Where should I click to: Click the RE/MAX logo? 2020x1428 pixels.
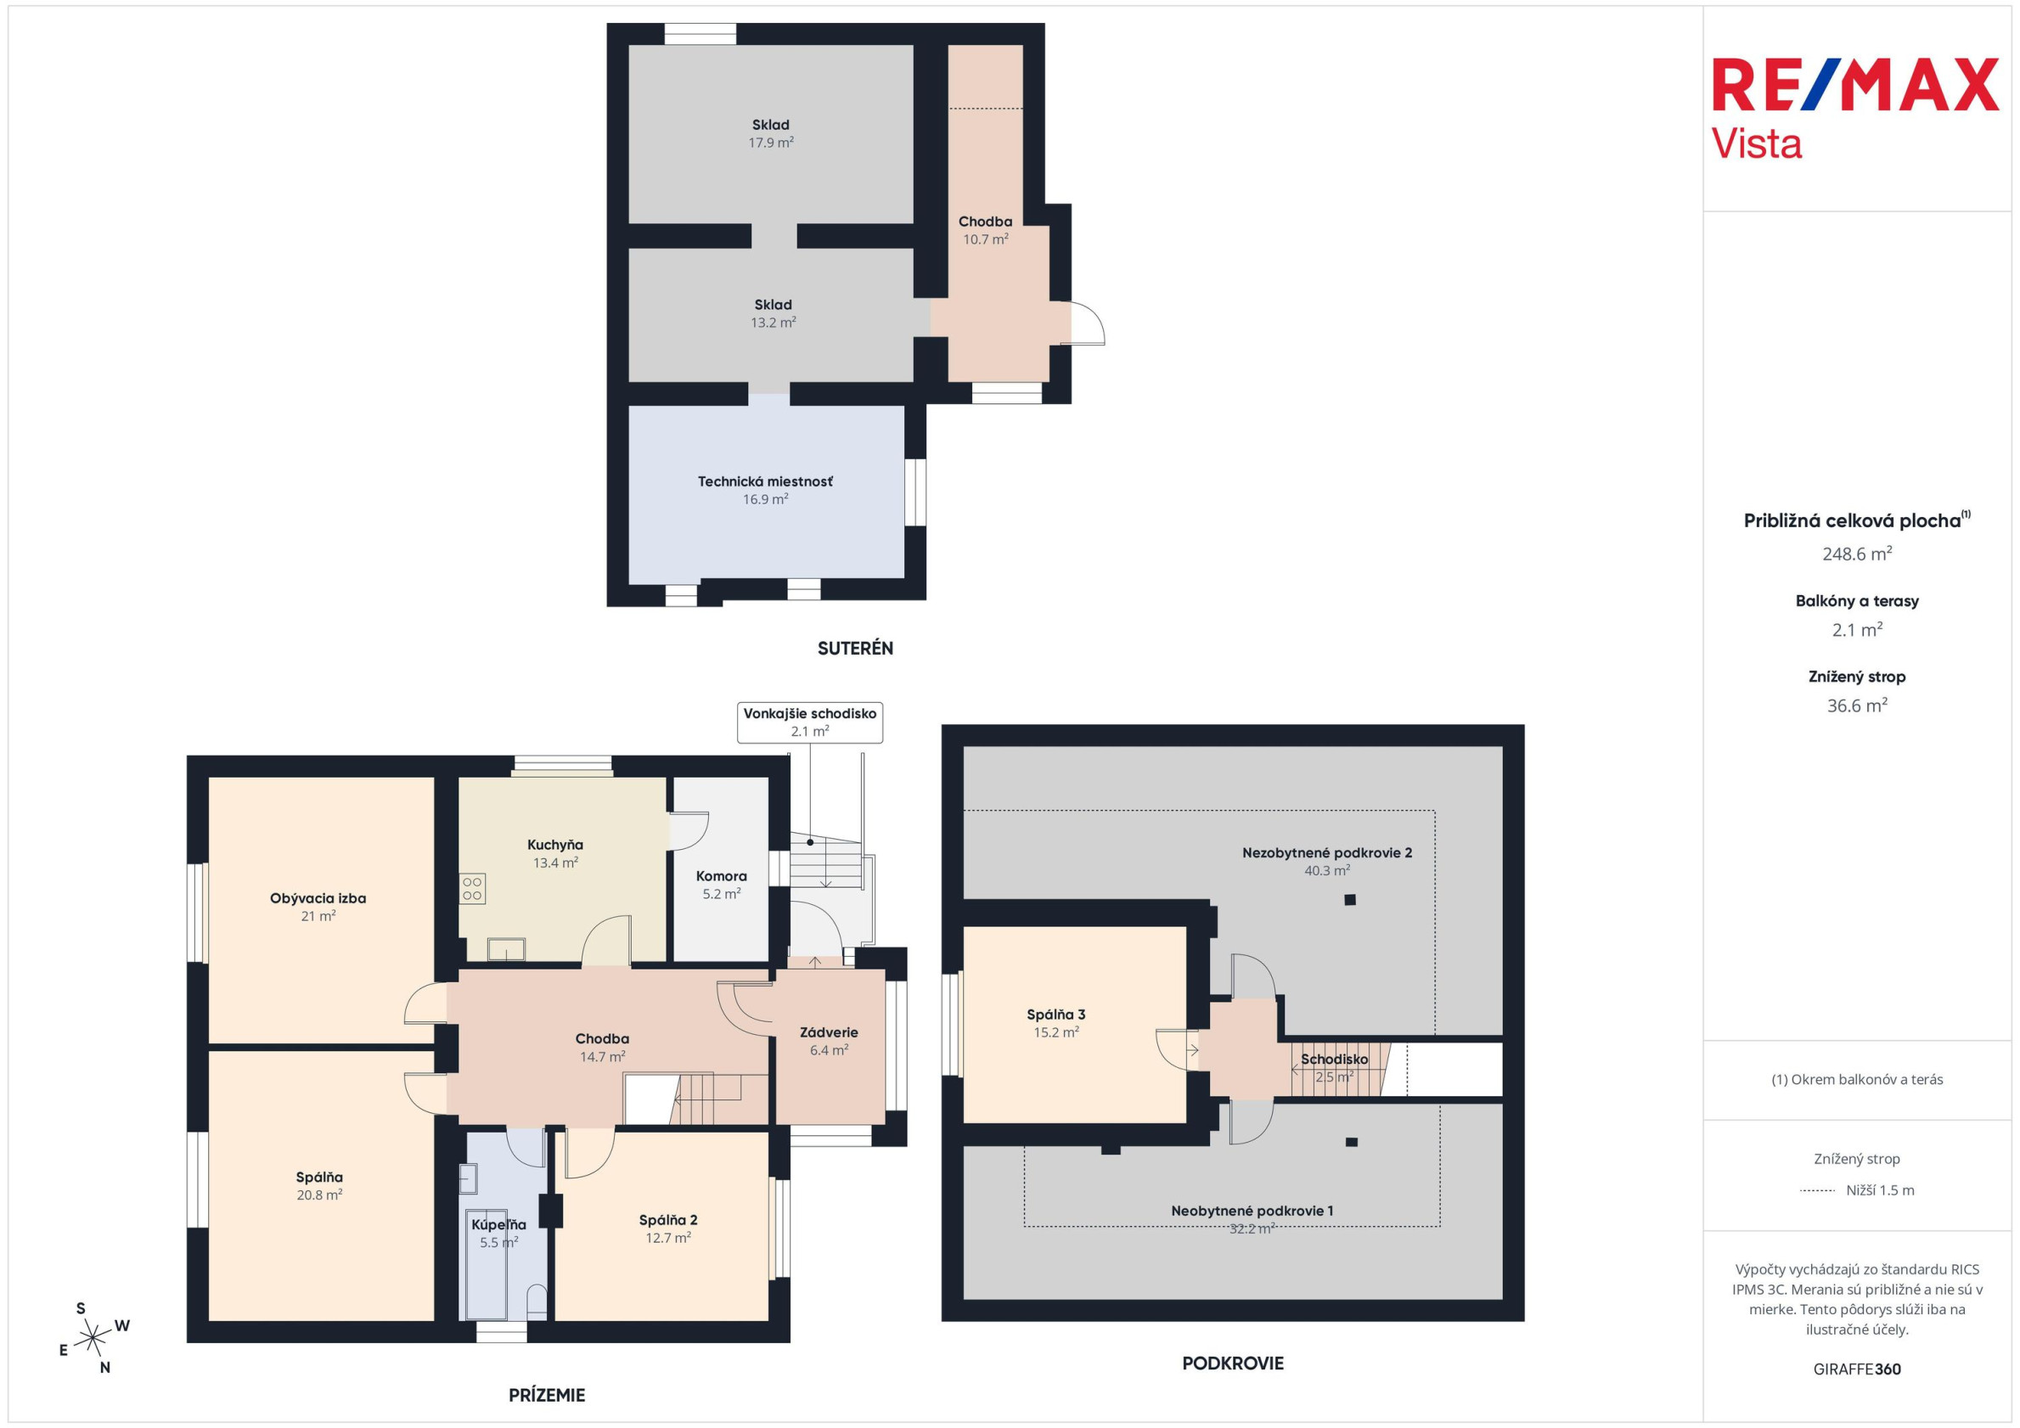1854,110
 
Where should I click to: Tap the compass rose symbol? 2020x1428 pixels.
93,1338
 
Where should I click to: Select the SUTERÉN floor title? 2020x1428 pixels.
855,649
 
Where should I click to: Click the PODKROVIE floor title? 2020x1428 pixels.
1233,1363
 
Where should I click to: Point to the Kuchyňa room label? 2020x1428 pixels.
555,845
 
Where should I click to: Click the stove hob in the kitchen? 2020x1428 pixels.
472,889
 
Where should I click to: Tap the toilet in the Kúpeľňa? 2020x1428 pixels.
536,1302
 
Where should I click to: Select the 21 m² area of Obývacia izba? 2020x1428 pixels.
318,916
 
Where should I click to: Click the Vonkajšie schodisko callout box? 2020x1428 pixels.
809,722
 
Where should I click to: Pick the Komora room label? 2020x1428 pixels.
722,876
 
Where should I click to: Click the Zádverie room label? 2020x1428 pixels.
829,1032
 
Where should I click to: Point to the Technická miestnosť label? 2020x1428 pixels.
765,481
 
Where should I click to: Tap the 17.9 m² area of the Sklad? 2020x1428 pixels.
772,143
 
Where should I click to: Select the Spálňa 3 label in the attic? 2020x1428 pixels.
1055,1015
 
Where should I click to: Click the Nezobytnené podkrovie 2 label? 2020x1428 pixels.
1327,852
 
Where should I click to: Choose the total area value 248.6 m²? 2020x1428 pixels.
1857,554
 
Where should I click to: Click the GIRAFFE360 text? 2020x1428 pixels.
1857,1369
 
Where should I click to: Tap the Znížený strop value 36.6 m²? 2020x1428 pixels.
1857,706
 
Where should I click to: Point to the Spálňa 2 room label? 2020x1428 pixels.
668,1220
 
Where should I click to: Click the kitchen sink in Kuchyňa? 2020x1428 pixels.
507,949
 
